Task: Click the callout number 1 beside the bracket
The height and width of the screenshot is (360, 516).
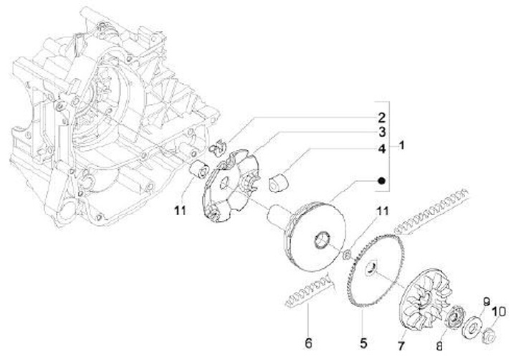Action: point(403,145)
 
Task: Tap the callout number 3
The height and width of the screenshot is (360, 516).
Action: point(383,133)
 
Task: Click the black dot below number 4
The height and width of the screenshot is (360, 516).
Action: point(383,180)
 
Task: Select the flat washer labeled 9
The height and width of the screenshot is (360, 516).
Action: point(472,324)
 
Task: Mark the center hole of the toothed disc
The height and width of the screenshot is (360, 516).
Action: point(372,267)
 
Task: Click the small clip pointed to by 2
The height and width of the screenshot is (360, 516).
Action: point(216,147)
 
